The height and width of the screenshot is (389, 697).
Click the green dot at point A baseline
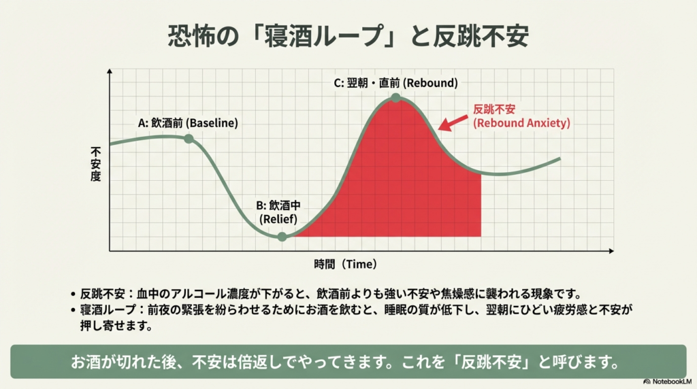click(x=189, y=139)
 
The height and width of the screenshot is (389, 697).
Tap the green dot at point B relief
click(x=282, y=237)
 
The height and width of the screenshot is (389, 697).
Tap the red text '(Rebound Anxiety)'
click(x=521, y=123)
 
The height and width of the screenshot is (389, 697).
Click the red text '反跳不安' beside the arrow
click(x=494, y=109)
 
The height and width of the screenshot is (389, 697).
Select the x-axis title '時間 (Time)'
click(x=346, y=263)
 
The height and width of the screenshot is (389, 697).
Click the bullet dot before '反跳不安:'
click(x=73, y=294)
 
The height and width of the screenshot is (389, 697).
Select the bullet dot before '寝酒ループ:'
click(x=73, y=310)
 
